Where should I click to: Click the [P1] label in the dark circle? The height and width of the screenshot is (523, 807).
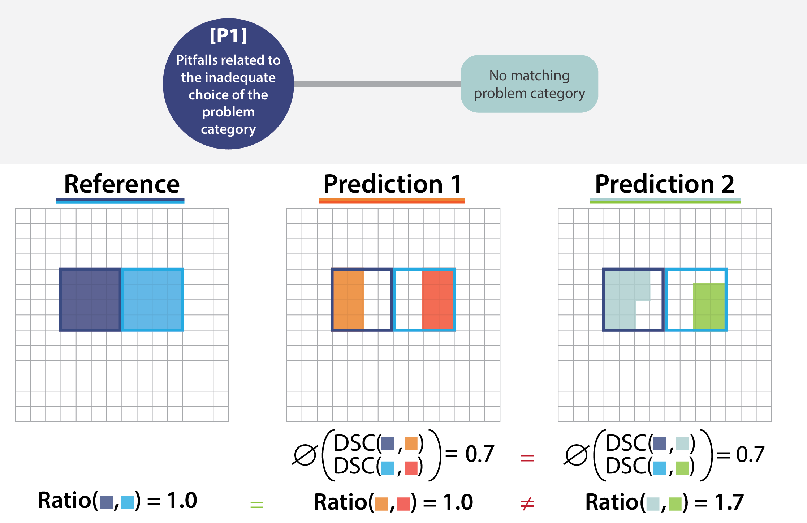point(228,36)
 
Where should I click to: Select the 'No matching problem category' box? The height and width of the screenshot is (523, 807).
point(529,84)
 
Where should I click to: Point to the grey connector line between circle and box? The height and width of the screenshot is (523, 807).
point(377,84)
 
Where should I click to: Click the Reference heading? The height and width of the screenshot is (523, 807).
point(122,184)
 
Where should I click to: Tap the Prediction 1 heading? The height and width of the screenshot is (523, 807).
point(392,184)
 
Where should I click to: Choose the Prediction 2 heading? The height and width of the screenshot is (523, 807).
point(665,184)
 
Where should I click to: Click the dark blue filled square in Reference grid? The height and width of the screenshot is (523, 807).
point(90,300)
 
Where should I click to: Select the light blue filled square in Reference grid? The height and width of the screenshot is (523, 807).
point(153,300)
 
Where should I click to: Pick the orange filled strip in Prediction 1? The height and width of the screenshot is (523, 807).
point(349,300)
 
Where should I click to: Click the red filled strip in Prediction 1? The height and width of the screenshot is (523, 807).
point(437,300)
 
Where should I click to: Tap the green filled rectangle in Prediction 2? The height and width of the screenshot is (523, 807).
point(709,306)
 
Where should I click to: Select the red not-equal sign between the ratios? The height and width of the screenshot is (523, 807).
point(527,503)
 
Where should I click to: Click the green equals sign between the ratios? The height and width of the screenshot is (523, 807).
point(256,504)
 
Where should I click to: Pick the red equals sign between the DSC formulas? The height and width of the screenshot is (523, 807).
point(527,458)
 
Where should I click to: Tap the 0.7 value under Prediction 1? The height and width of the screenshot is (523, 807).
point(479,454)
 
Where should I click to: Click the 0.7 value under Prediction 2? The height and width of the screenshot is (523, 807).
point(750,454)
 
